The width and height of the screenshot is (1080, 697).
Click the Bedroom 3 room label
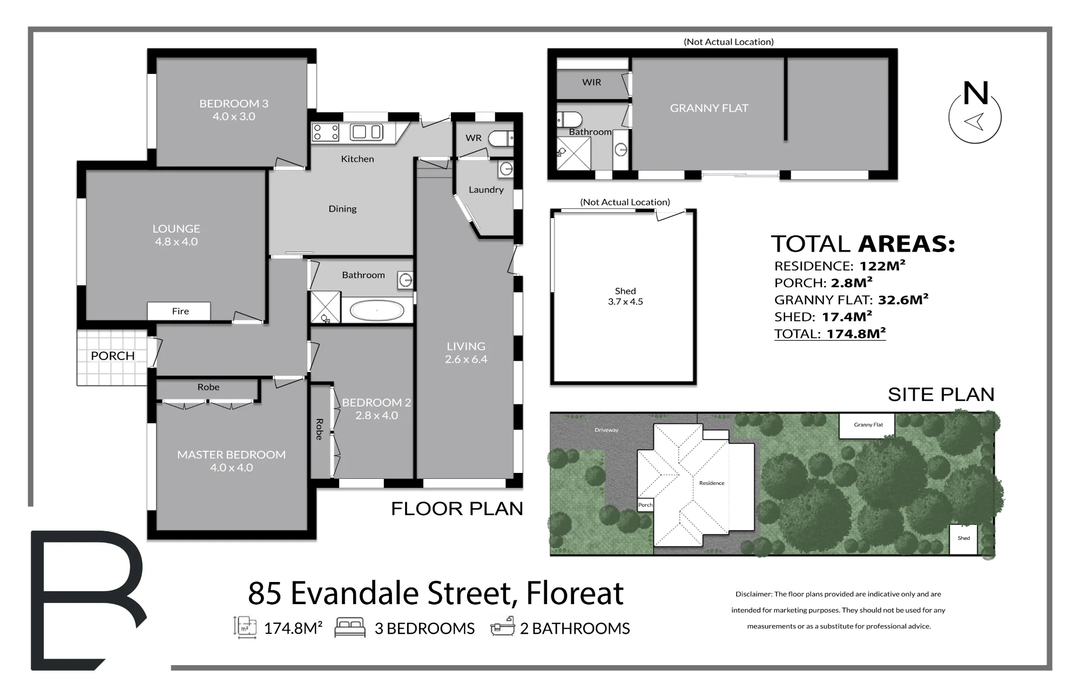(x=234, y=110)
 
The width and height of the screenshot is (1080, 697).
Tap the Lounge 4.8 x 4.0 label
(x=176, y=235)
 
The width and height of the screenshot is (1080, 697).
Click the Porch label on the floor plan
(x=112, y=356)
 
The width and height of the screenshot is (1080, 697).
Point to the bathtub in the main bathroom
(x=376, y=311)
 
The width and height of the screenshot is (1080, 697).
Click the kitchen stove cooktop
(x=326, y=133)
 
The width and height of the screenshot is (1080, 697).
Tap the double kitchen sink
(x=367, y=132)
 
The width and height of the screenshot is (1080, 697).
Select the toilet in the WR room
(x=501, y=139)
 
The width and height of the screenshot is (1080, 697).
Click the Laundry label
(x=486, y=190)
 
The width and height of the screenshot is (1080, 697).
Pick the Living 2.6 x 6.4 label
(x=466, y=353)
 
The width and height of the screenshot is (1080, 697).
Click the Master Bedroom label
(x=231, y=461)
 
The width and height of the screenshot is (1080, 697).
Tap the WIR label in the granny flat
(x=591, y=83)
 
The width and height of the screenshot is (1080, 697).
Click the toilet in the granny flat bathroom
(x=569, y=119)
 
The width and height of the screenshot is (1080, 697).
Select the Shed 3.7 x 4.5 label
(x=625, y=296)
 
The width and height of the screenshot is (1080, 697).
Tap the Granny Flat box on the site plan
(x=867, y=426)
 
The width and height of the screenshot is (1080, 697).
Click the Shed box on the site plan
(x=963, y=539)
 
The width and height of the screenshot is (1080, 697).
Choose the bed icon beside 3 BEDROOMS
(x=350, y=628)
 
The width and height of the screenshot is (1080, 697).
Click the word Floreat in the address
(x=575, y=593)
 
